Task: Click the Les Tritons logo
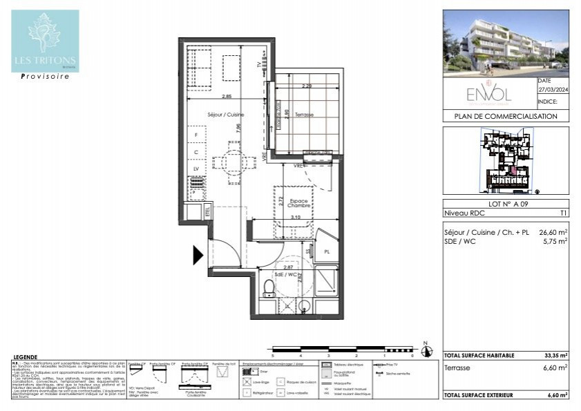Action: (x=45, y=41)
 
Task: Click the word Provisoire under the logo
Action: (x=45, y=77)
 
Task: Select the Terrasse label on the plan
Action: (x=304, y=115)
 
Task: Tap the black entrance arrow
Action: (x=198, y=256)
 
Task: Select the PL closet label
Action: (x=326, y=252)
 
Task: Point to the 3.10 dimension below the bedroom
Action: (x=296, y=218)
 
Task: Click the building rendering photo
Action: (x=506, y=42)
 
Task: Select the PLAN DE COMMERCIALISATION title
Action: (x=506, y=117)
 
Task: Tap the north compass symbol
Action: (x=426, y=351)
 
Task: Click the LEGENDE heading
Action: (x=25, y=356)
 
